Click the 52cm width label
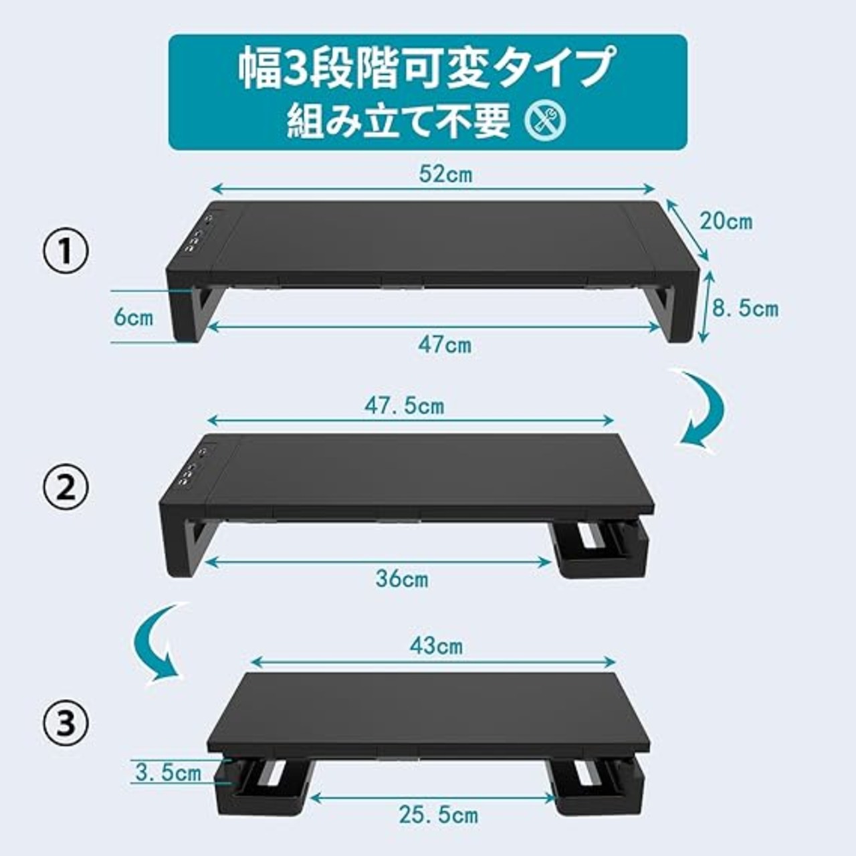point(445,175)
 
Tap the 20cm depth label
point(726,221)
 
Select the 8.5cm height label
point(746,308)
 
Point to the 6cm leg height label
point(134,318)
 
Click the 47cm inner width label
point(445,345)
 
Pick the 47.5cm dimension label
point(404,406)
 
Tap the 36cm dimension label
point(402,579)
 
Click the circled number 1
point(66,253)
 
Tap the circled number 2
point(66,488)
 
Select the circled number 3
point(66,723)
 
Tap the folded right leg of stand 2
point(601,551)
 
